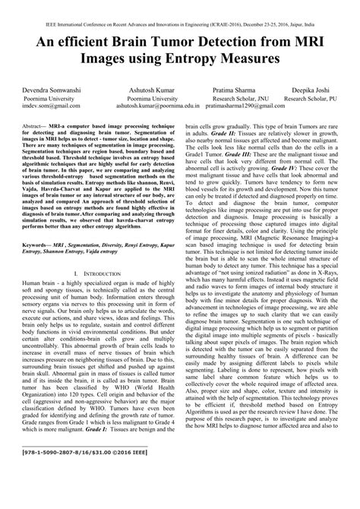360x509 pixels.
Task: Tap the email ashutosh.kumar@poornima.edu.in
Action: (x=163, y=106)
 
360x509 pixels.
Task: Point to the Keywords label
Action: (x=39, y=247)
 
